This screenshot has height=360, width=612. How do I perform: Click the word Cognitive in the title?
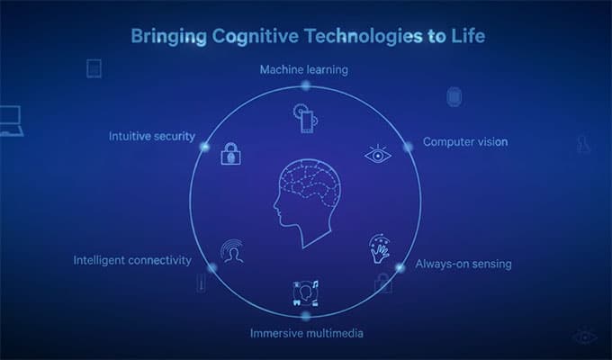pyautogui.click(x=249, y=37)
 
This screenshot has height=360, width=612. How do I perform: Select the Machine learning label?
pyautogui.click(x=303, y=68)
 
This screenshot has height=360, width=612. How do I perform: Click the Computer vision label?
pyautogui.click(x=465, y=141)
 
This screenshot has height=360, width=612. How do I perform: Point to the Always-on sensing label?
pyautogui.click(x=463, y=265)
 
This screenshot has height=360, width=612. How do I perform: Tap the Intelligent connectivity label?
pyautogui.click(x=132, y=260)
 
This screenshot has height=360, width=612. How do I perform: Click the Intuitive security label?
pyautogui.click(x=151, y=137)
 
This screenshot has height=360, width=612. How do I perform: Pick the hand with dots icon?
pyautogui.click(x=379, y=249)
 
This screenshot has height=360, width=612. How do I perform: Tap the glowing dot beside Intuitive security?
pyautogui.click(x=205, y=146)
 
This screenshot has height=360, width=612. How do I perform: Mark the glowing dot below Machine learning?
pyautogui.click(x=306, y=85)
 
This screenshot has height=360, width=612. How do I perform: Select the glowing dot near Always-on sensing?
pyautogui.click(x=400, y=266)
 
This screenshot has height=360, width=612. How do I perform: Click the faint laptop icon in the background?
pyautogui.click(x=9, y=119)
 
